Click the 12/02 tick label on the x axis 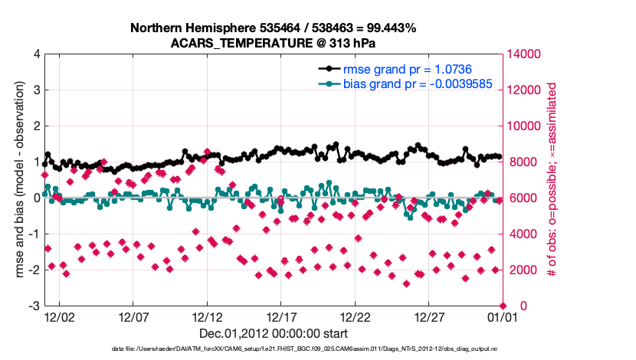[60, 316]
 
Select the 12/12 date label [207, 316]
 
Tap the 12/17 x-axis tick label [281, 316]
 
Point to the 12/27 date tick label [429, 316]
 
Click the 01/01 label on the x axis [502, 316]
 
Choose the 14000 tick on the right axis [526, 54]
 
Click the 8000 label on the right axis [523, 162]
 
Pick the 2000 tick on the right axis [523, 270]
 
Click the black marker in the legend [329, 70]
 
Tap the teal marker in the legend [329, 83]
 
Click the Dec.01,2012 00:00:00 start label [274, 334]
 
